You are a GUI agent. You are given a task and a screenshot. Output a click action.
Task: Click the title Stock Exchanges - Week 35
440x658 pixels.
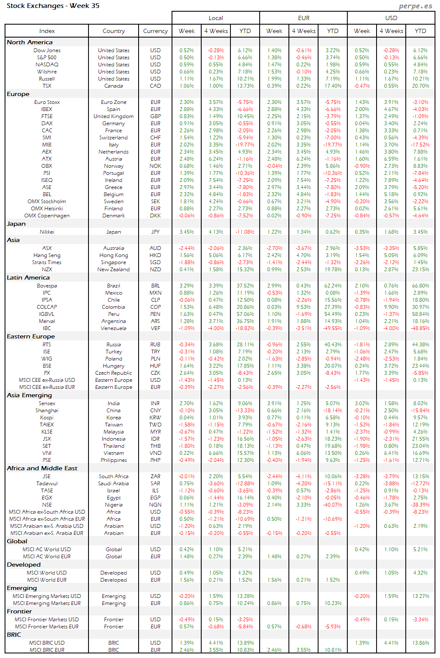(x=53, y=6)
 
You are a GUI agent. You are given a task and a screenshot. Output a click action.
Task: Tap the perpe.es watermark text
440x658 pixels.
(x=415, y=6)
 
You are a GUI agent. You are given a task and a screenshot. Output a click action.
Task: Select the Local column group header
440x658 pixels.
(x=216, y=18)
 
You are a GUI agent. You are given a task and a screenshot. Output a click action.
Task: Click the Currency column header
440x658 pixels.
(x=155, y=31)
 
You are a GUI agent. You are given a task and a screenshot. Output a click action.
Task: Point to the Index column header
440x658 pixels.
(x=47, y=31)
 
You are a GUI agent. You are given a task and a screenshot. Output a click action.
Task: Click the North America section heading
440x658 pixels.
(x=30, y=42)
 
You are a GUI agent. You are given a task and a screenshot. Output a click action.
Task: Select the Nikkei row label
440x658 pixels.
(x=47, y=232)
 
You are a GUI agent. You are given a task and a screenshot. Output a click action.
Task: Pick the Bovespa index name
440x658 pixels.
(x=47, y=286)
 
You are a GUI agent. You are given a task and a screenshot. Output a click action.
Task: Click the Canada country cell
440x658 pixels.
(x=114, y=86)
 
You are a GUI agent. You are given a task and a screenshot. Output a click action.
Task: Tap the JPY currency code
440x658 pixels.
(x=155, y=232)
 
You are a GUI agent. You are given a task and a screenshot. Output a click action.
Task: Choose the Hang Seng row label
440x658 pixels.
(x=47, y=255)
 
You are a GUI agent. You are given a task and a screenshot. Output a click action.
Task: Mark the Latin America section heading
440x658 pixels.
(x=28, y=277)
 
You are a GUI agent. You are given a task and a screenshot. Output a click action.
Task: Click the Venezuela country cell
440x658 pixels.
(x=114, y=328)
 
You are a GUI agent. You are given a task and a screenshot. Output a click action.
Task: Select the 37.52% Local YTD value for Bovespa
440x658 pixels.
(x=245, y=286)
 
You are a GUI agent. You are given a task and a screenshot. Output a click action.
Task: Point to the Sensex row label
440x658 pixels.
(x=47, y=403)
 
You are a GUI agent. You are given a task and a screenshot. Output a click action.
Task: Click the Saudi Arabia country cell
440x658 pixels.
(x=114, y=484)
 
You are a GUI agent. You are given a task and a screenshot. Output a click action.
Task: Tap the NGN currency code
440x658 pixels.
(x=155, y=505)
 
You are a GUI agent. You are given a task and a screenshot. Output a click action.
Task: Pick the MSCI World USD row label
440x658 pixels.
(x=47, y=573)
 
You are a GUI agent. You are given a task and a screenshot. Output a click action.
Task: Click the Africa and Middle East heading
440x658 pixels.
(x=42, y=468)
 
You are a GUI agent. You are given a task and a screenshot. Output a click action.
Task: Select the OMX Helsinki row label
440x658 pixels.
(x=47, y=209)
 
